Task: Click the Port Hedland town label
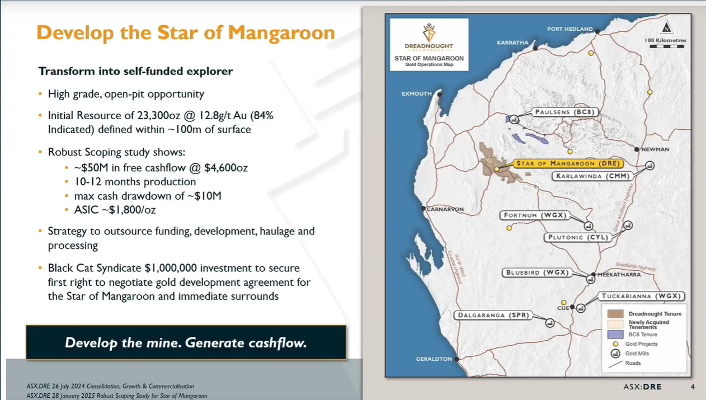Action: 570,29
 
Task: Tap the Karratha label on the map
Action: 512,43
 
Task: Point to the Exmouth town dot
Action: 439,94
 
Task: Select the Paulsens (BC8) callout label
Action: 565,112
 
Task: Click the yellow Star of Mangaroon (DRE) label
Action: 568,163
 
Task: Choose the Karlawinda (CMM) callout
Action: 592,176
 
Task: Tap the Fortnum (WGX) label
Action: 535,215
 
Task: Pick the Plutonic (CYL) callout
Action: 578,237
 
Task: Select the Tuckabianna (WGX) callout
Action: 642,296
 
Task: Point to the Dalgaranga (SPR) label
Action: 493,315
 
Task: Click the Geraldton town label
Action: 434,359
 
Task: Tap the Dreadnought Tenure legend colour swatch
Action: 615,314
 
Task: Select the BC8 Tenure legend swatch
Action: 615,335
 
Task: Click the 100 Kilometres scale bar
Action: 667,46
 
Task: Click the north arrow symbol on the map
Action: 666,27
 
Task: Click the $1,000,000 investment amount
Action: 171,268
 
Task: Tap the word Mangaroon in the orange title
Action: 281,33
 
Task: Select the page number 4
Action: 693,387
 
